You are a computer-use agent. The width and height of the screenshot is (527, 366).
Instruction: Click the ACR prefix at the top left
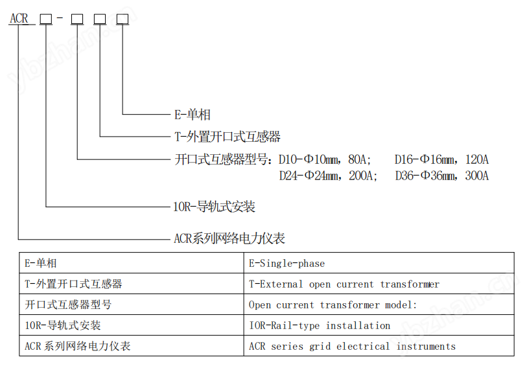click(x=19, y=18)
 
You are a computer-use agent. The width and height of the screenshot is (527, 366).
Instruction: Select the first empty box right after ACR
click(x=46, y=19)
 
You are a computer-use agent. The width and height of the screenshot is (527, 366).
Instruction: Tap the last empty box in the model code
click(x=123, y=19)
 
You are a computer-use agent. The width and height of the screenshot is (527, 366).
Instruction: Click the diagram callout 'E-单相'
click(x=193, y=115)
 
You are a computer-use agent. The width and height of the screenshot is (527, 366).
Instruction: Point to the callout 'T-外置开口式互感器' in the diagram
click(x=228, y=137)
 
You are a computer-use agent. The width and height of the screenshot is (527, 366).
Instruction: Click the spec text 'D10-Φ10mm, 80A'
click(x=325, y=159)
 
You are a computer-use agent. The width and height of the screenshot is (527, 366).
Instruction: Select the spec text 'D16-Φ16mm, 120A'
click(x=441, y=159)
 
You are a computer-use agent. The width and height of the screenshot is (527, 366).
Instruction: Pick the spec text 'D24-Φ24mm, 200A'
click(x=328, y=176)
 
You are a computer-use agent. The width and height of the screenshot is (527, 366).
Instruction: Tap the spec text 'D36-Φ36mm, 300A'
click(x=442, y=176)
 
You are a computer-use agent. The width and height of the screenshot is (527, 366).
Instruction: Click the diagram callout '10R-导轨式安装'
click(x=214, y=207)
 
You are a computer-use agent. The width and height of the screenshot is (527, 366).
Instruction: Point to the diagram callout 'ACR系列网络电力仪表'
click(x=229, y=238)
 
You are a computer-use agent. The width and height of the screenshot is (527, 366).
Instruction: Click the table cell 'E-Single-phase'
click(x=287, y=264)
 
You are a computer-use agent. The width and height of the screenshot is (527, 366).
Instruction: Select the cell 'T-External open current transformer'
click(x=344, y=284)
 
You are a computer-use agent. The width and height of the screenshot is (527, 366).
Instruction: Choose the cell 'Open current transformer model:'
click(x=333, y=305)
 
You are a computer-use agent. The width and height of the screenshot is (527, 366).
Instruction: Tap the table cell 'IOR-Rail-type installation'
click(x=320, y=326)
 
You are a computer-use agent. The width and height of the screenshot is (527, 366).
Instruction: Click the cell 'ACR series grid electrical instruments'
click(x=352, y=346)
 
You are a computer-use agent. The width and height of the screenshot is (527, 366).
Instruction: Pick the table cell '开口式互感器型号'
click(x=68, y=304)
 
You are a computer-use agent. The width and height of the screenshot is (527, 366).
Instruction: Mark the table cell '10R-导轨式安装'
click(x=62, y=325)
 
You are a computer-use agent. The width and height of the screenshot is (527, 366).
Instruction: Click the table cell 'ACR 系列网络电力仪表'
click(x=77, y=346)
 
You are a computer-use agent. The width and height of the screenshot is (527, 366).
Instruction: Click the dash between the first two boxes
click(x=60, y=17)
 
